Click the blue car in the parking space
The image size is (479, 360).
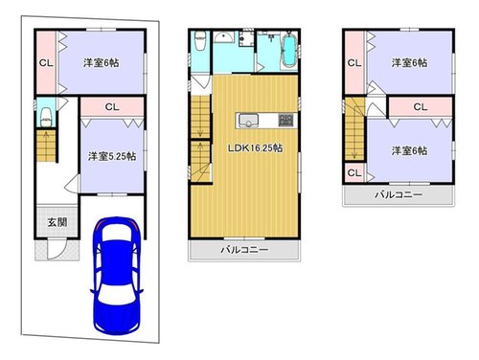click(117, 276)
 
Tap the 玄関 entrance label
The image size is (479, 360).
click(57, 222)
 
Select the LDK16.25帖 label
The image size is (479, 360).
click(255, 148)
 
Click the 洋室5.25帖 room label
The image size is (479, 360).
click(112, 156)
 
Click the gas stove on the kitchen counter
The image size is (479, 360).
click(285, 121)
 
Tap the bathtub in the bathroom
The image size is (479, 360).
click(289, 50)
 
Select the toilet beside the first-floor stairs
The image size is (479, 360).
click(46, 117)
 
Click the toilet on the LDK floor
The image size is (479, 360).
click(199, 40)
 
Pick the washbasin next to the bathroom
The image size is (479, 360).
click(224, 37)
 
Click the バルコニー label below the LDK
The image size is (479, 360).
click(244, 250)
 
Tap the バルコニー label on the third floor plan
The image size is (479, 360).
click(399, 194)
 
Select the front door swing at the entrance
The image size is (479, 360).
click(57, 249)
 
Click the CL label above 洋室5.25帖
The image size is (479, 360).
click(112, 107)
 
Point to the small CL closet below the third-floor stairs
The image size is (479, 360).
click(354, 173)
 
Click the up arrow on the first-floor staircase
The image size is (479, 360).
click(47, 146)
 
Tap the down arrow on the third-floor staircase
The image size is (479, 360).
click(354, 144)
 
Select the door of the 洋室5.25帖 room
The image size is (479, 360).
click(72, 184)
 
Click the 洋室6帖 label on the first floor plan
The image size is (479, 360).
click(102, 62)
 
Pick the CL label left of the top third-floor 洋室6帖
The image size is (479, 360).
click(354, 63)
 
